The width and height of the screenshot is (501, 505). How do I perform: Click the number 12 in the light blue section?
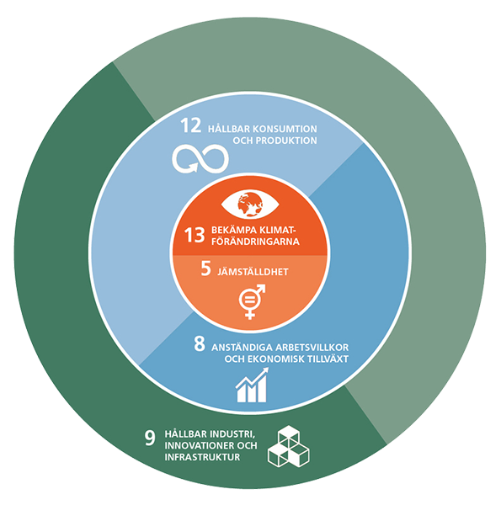(x=191, y=125)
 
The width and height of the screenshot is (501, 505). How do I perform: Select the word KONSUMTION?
(x=285, y=129)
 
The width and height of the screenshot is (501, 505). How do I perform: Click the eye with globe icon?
(x=250, y=205)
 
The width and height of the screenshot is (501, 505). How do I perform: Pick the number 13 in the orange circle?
(x=195, y=235)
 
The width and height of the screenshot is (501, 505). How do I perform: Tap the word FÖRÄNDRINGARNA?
(x=255, y=242)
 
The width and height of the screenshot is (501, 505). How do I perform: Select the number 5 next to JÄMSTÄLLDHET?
(x=206, y=268)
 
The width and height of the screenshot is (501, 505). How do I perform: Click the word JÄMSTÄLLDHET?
(x=253, y=272)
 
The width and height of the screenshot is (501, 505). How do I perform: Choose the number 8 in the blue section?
(x=199, y=343)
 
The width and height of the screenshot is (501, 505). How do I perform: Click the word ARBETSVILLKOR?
(x=312, y=348)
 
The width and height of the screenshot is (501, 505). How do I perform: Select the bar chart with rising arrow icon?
(x=252, y=385)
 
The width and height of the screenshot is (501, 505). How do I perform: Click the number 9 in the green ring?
(x=150, y=438)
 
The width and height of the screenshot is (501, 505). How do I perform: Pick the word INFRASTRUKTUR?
(x=202, y=457)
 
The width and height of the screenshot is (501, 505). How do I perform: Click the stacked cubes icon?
(x=288, y=446)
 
